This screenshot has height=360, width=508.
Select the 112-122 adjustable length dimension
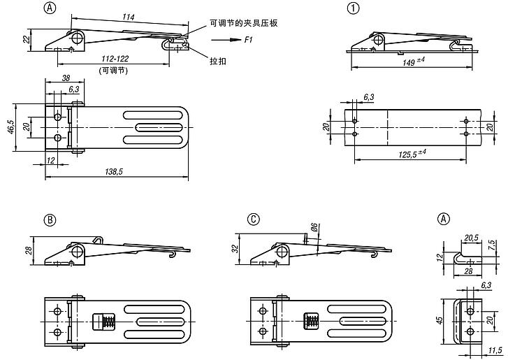pyautogui.click(x=114, y=60)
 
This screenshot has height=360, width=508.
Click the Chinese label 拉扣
pyautogui.click(x=219, y=60)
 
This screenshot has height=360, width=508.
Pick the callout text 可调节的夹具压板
pyautogui.click(x=244, y=24)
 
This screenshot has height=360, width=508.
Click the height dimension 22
pyautogui.click(x=26, y=39)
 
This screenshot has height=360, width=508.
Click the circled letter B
pyautogui.click(x=49, y=219)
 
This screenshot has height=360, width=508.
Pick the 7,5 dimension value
pyautogui.click(x=492, y=245)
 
